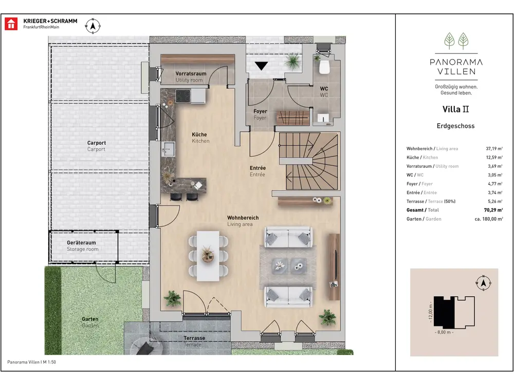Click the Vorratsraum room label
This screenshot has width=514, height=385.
[191, 73]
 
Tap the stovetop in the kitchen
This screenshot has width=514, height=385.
[183, 97]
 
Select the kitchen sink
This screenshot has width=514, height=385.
[169, 149]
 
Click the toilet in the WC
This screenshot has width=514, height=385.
[324, 67]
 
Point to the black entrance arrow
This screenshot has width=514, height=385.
[261, 66]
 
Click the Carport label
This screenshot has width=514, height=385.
[97, 143]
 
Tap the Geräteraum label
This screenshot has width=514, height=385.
[81, 243]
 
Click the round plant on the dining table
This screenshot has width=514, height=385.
[208, 255]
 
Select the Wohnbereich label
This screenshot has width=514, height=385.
[243, 218]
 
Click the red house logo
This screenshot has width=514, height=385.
[11, 24]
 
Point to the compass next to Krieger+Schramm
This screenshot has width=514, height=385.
[93, 26]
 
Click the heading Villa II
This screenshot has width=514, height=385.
[455, 109]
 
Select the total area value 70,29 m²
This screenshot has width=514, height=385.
[493, 210]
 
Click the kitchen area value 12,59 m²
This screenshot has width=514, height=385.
[494, 158]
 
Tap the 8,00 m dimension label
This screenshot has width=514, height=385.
[444, 332]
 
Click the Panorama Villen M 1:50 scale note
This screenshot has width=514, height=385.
[31, 362]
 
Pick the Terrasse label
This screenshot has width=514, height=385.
[194, 338]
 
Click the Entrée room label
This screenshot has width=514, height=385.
[258, 168]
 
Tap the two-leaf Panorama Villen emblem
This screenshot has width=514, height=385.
[456, 41]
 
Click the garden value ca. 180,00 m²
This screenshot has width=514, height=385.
[489, 219]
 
